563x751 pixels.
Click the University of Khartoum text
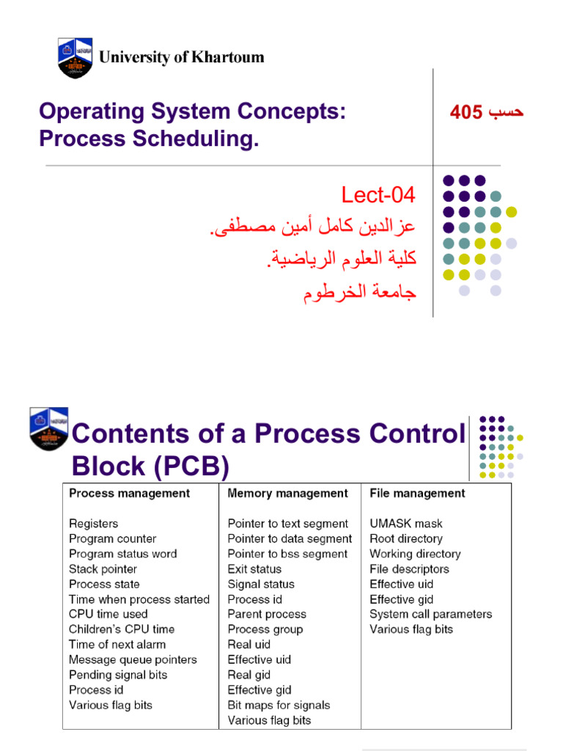(181, 57)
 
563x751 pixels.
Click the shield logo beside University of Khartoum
(75, 57)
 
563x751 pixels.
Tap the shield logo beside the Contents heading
(48, 428)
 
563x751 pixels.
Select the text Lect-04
(378, 195)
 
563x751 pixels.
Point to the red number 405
(466, 112)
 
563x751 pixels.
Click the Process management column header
(129, 494)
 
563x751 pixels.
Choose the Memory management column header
(287, 494)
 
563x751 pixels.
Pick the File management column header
(417, 494)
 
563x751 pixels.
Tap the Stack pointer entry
(103, 569)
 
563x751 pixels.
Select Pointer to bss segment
(287, 554)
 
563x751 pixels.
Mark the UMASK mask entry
(405, 524)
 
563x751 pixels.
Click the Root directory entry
(405, 539)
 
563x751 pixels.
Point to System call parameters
(430, 615)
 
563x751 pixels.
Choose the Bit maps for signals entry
(279, 706)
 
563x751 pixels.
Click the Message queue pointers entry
(133, 660)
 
